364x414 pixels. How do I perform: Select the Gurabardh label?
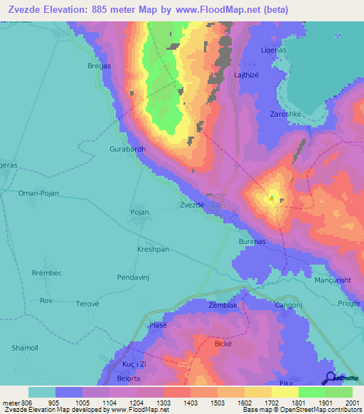point(127,149)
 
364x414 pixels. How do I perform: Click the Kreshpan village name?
point(152,250)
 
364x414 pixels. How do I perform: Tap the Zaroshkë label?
point(287,113)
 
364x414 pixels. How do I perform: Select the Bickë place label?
point(224,343)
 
